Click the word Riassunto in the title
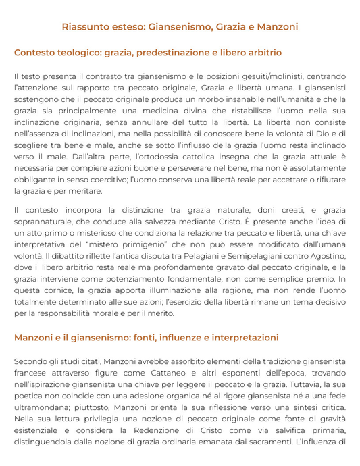pos(85,27)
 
